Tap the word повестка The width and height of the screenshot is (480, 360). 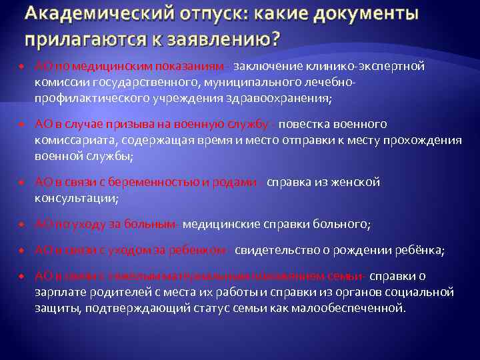(305, 125)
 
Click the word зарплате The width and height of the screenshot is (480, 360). (59, 293)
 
